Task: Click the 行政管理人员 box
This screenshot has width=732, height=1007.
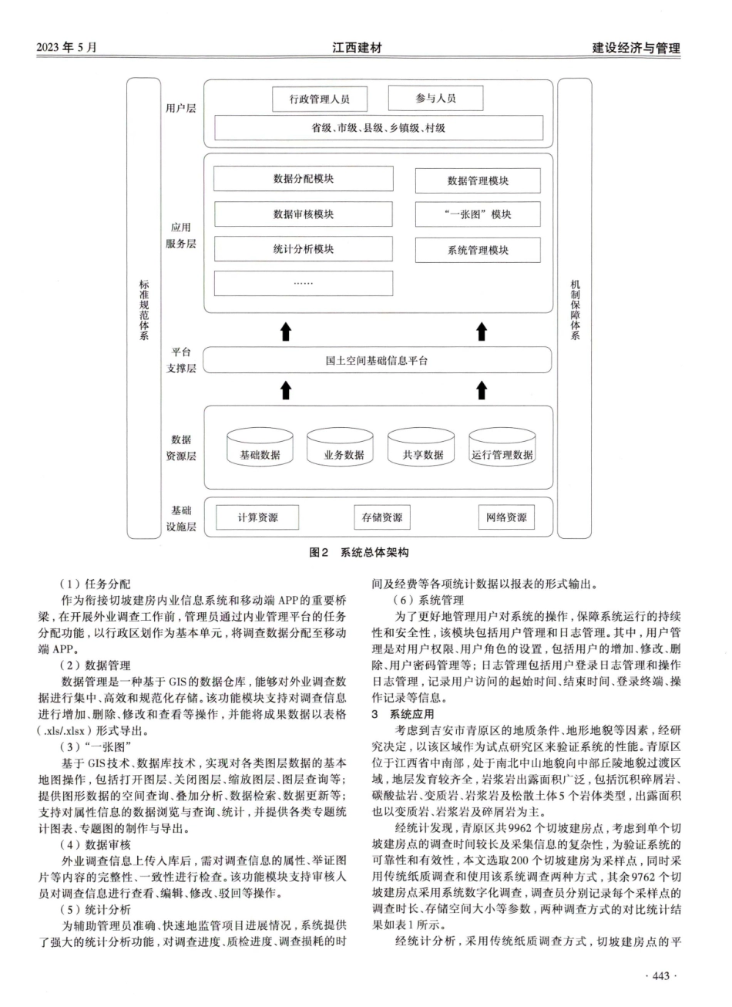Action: coord(320,99)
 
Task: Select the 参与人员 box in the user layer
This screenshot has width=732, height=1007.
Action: coord(435,98)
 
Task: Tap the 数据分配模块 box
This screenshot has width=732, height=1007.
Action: coord(303,179)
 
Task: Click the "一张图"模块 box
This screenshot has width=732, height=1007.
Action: coord(478,214)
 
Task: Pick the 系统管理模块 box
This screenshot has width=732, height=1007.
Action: coord(478,250)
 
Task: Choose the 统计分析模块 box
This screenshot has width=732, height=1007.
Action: coord(303,249)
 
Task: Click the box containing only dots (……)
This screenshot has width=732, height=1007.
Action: coord(303,284)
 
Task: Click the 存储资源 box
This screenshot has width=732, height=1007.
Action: coord(382,517)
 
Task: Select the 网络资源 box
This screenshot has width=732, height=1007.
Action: coord(506,517)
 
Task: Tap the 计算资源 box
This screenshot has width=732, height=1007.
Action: coord(257,517)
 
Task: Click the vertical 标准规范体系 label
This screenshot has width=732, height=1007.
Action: coord(144,310)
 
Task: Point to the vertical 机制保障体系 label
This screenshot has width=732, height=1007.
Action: coord(575,310)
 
